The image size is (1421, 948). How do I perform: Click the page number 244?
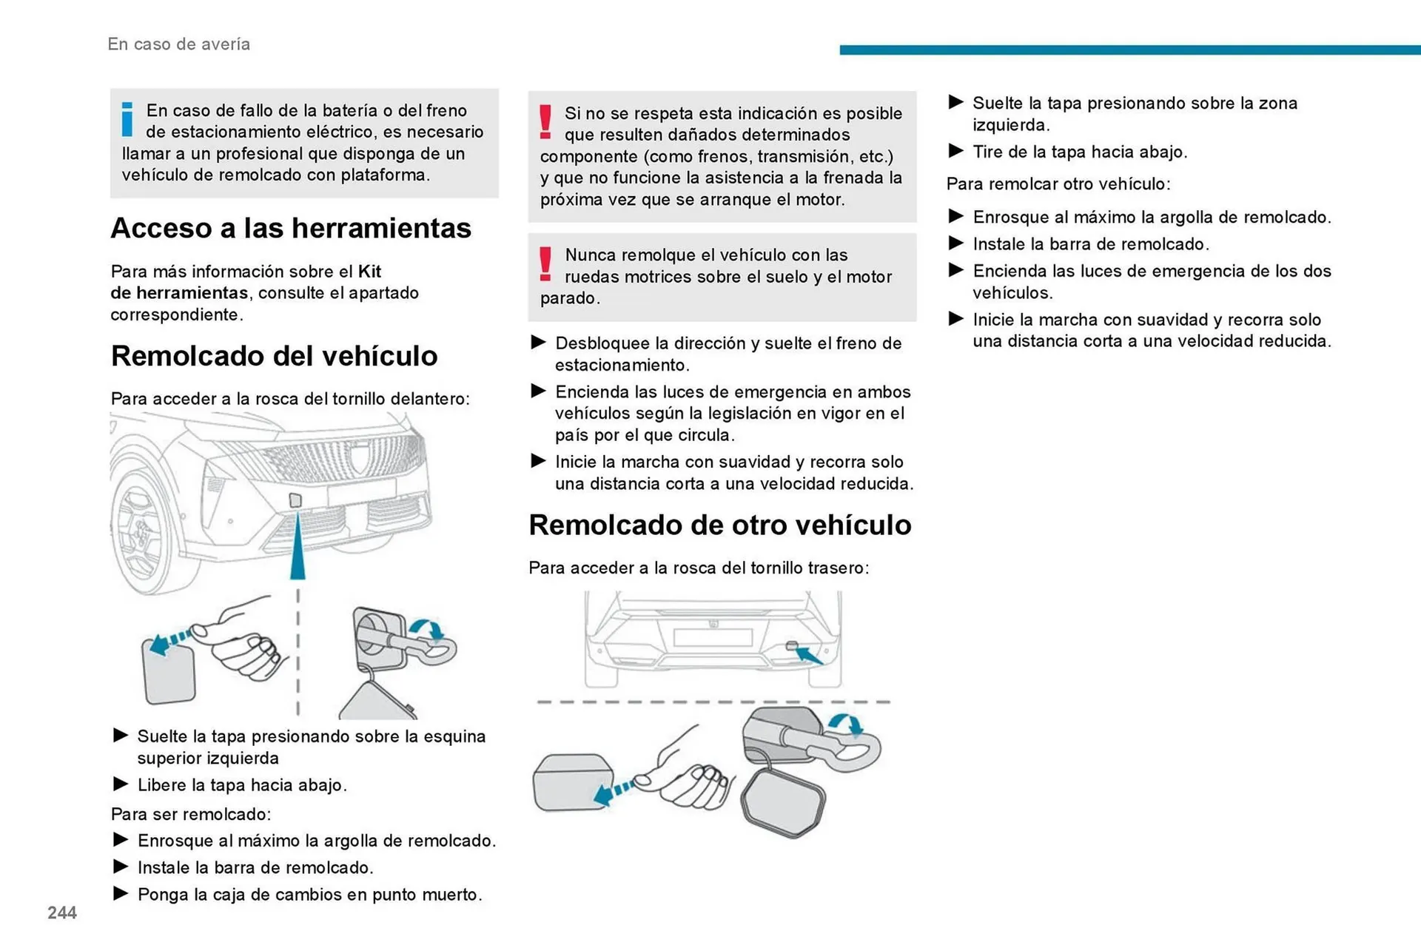pyautogui.click(x=62, y=912)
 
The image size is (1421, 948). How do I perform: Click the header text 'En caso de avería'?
pyautogui.click(x=178, y=44)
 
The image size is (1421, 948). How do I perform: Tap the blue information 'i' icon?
pyautogui.click(x=127, y=120)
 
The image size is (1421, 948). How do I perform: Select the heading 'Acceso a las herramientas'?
pyautogui.click(x=291, y=228)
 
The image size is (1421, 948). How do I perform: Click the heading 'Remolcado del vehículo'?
pyautogui.click(x=274, y=356)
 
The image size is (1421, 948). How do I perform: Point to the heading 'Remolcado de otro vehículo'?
pyautogui.click(x=719, y=525)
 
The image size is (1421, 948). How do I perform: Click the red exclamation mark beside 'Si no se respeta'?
pyautogui.click(x=545, y=123)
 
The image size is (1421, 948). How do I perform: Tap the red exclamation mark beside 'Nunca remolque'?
pyautogui.click(x=545, y=264)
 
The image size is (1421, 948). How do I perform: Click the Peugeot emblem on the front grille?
pyautogui.click(x=360, y=460)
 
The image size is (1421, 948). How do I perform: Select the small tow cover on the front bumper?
pyautogui.click(x=295, y=500)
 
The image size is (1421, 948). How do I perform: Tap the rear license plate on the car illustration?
pyautogui.click(x=712, y=636)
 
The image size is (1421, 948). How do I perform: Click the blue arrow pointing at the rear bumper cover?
pyautogui.click(x=809, y=655)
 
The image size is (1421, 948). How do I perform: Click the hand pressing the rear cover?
pyautogui.click(x=688, y=777)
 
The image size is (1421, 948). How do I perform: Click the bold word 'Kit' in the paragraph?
pyautogui.click(x=369, y=272)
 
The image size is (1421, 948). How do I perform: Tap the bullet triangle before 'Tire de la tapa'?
pyautogui.click(x=955, y=151)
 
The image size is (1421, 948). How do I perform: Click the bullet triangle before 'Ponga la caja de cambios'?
pyautogui.click(x=121, y=893)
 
